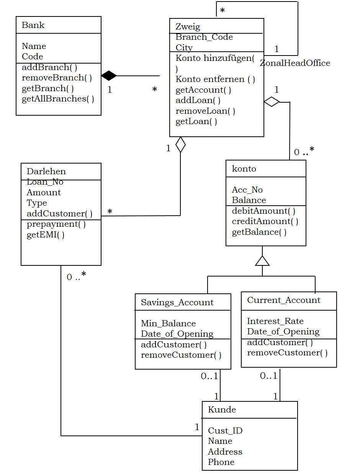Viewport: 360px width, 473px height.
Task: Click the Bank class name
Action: pyautogui.click(x=33, y=25)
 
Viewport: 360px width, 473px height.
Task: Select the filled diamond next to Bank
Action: pyautogui.click(x=109, y=76)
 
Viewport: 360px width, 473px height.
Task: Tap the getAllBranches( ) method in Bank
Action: pyautogui.click(x=58, y=99)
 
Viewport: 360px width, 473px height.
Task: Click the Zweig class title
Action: pyautogui.click(x=188, y=27)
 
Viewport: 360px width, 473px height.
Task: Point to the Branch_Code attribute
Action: pyautogui.click(x=204, y=37)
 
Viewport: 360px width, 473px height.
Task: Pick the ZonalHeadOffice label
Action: pyautogui.click(x=295, y=63)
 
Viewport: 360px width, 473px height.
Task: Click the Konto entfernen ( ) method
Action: pyautogui.click(x=215, y=79)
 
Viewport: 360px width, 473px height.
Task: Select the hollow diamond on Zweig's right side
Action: pyautogui.click(x=272, y=102)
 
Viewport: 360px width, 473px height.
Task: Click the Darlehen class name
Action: pyautogui.click(x=46, y=172)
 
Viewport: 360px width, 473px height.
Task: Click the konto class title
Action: pyautogui.click(x=244, y=169)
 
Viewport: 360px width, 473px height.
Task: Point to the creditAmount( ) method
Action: pyautogui.click(x=265, y=221)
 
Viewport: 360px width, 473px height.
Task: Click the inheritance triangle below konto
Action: pyautogui.click(x=262, y=261)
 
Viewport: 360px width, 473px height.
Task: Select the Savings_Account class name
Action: pyautogui.click(x=177, y=303)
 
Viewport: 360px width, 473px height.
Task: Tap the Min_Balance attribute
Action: pyautogui.click(x=168, y=324)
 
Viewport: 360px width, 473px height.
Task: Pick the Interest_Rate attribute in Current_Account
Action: pyautogui.click(x=275, y=321)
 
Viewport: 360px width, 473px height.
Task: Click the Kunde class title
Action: pyautogui.click(x=222, y=410)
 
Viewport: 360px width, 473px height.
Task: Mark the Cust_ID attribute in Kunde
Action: pyautogui.click(x=225, y=431)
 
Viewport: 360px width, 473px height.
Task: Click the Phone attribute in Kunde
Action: pyautogui.click(x=221, y=462)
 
